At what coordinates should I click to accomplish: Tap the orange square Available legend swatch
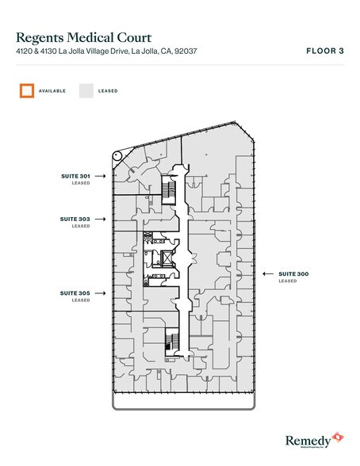pyautogui.click(x=27, y=90)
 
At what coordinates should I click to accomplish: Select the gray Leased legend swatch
pyautogui.click(x=86, y=90)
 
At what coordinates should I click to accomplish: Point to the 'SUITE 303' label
pyautogui.click(x=75, y=218)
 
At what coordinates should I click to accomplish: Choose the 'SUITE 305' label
pyautogui.click(x=75, y=292)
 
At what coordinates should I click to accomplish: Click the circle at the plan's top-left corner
pyautogui.click(x=118, y=156)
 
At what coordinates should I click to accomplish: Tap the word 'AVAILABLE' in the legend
pyautogui.click(x=52, y=91)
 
